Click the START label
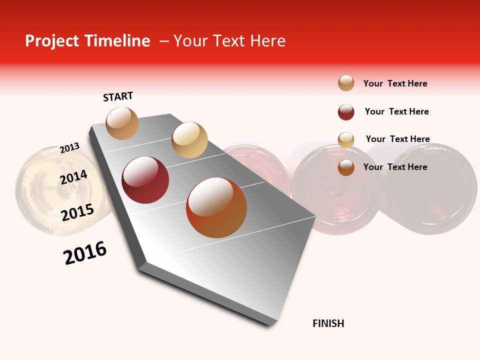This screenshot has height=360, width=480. pyautogui.click(x=118, y=96)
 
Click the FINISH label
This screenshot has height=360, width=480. pyautogui.click(x=328, y=323)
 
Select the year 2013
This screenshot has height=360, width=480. pyautogui.click(x=69, y=148)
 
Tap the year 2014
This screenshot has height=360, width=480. pyautogui.click(x=73, y=177)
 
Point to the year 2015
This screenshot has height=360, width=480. pyautogui.click(x=77, y=212)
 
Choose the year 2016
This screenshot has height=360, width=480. pyautogui.click(x=85, y=253)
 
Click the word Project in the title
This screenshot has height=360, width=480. pyautogui.click(x=52, y=41)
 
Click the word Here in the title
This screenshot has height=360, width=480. pyautogui.click(x=267, y=41)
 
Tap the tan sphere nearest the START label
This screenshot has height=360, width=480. pyautogui.click(x=122, y=123)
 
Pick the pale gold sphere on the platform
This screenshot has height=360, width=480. pyautogui.click(x=189, y=140)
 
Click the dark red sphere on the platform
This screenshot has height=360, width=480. pyautogui.click(x=145, y=180)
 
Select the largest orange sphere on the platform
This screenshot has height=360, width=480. pyautogui.click(x=216, y=207)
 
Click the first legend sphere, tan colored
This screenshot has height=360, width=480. pyautogui.click(x=346, y=83)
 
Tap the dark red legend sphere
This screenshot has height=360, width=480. pyautogui.click(x=346, y=112)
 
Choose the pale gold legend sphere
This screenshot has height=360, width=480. pyautogui.click(x=346, y=140)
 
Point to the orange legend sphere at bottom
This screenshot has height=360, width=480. pyautogui.click(x=346, y=167)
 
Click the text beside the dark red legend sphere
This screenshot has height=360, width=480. pyautogui.click(x=396, y=111)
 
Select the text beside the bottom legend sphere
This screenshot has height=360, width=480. pyautogui.click(x=395, y=167)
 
